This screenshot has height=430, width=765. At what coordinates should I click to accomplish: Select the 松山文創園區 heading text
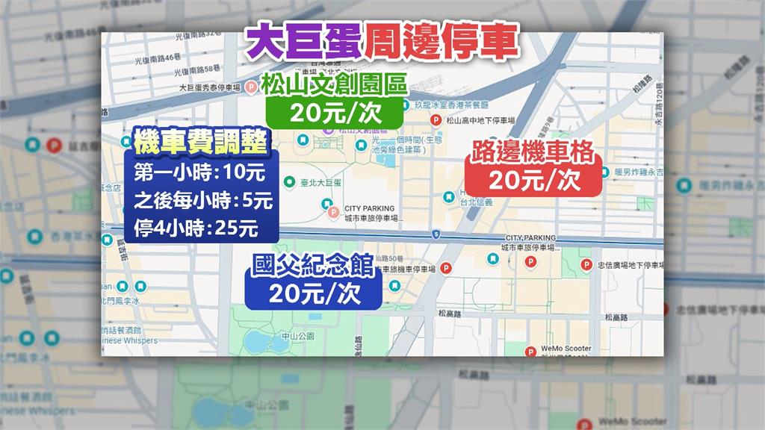tap(335, 84)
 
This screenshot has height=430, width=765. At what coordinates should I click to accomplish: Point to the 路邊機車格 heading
tap(532, 153)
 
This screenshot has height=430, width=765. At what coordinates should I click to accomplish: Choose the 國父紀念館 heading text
tap(314, 267)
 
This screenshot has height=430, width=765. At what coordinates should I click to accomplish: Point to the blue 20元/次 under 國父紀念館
tap(314, 294)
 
